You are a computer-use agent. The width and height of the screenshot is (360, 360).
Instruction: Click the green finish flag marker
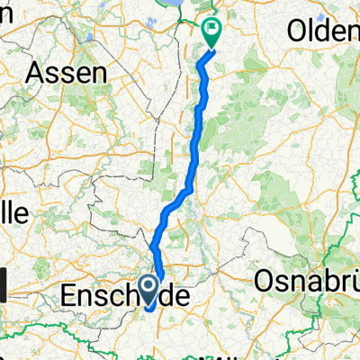pos(212,33)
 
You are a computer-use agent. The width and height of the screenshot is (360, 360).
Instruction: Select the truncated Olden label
pos(322,31)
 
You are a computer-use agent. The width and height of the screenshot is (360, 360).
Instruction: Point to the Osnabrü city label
pos(307,281)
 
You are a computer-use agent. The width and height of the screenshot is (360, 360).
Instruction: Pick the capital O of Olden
pos(296,31)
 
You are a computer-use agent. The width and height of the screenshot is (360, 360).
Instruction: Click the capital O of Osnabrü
pos(265,281)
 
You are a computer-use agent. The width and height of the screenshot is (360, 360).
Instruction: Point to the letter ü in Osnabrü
pos(352,281)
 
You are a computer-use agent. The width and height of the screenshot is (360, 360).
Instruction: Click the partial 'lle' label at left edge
pos(13,212)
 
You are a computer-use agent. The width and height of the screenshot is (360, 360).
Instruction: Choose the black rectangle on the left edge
pos(4,288)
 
